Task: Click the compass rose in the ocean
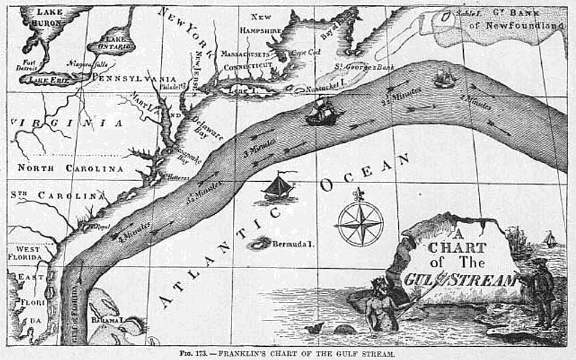click(x=359, y=223)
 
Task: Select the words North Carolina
click(x=70, y=169)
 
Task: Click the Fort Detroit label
click(x=29, y=65)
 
